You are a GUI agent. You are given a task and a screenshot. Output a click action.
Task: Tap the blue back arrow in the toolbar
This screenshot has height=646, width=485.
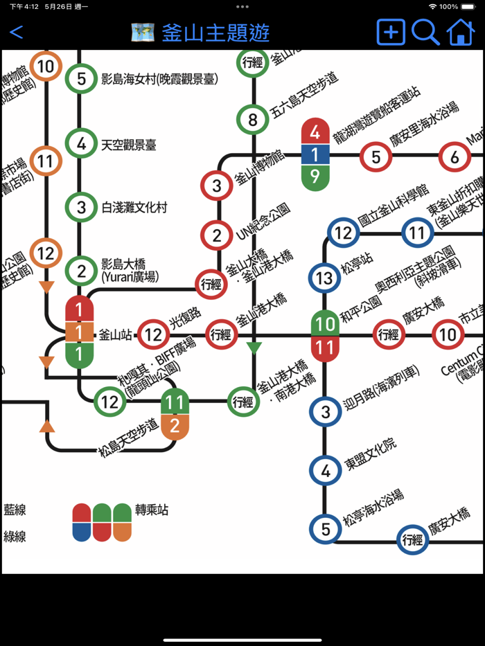click(x=17, y=32)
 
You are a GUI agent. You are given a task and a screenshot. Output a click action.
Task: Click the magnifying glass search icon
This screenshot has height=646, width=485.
click(x=425, y=32)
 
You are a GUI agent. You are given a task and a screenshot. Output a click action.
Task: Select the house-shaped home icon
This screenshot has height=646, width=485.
click(x=461, y=32)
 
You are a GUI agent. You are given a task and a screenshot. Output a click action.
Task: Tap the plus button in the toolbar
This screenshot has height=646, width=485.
click(x=391, y=32)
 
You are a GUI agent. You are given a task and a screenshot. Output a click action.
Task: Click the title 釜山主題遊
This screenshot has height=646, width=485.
click(x=215, y=33)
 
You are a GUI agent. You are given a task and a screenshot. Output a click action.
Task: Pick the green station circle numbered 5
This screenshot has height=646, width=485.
click(x=81, y=79)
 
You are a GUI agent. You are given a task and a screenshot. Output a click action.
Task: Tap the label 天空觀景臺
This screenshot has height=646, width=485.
click(x=129, y=145)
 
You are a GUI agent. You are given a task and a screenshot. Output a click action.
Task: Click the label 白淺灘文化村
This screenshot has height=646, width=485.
click(x=134, y=207)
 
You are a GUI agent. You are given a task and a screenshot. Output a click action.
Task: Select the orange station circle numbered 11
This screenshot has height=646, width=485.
click(x=45, y=161)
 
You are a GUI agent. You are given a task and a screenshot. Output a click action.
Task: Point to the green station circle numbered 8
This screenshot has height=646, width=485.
click(x=253, y=120)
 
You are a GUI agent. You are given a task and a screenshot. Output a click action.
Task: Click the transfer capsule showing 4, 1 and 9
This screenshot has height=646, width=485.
click(x=315, y=154)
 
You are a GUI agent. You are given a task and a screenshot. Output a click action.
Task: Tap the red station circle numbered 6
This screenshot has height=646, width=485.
click(x=455, y=157)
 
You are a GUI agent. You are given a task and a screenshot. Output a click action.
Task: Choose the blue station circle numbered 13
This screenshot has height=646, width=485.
click(x=324, y=278)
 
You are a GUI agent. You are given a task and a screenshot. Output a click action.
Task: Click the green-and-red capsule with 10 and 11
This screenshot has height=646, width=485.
click(x=324, y=335)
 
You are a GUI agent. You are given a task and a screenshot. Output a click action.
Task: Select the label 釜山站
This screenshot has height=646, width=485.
click(x=116, y=335)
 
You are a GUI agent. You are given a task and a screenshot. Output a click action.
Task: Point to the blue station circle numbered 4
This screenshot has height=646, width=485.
click(x=325, y=471)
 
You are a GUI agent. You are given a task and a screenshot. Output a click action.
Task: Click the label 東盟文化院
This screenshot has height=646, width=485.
click(x=371, y=454)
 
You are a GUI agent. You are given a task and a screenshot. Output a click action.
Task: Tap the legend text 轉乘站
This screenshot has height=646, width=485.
click(x=152, y=510)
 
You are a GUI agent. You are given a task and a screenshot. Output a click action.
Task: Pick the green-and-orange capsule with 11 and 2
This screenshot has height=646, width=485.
click(x=175, y=414)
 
